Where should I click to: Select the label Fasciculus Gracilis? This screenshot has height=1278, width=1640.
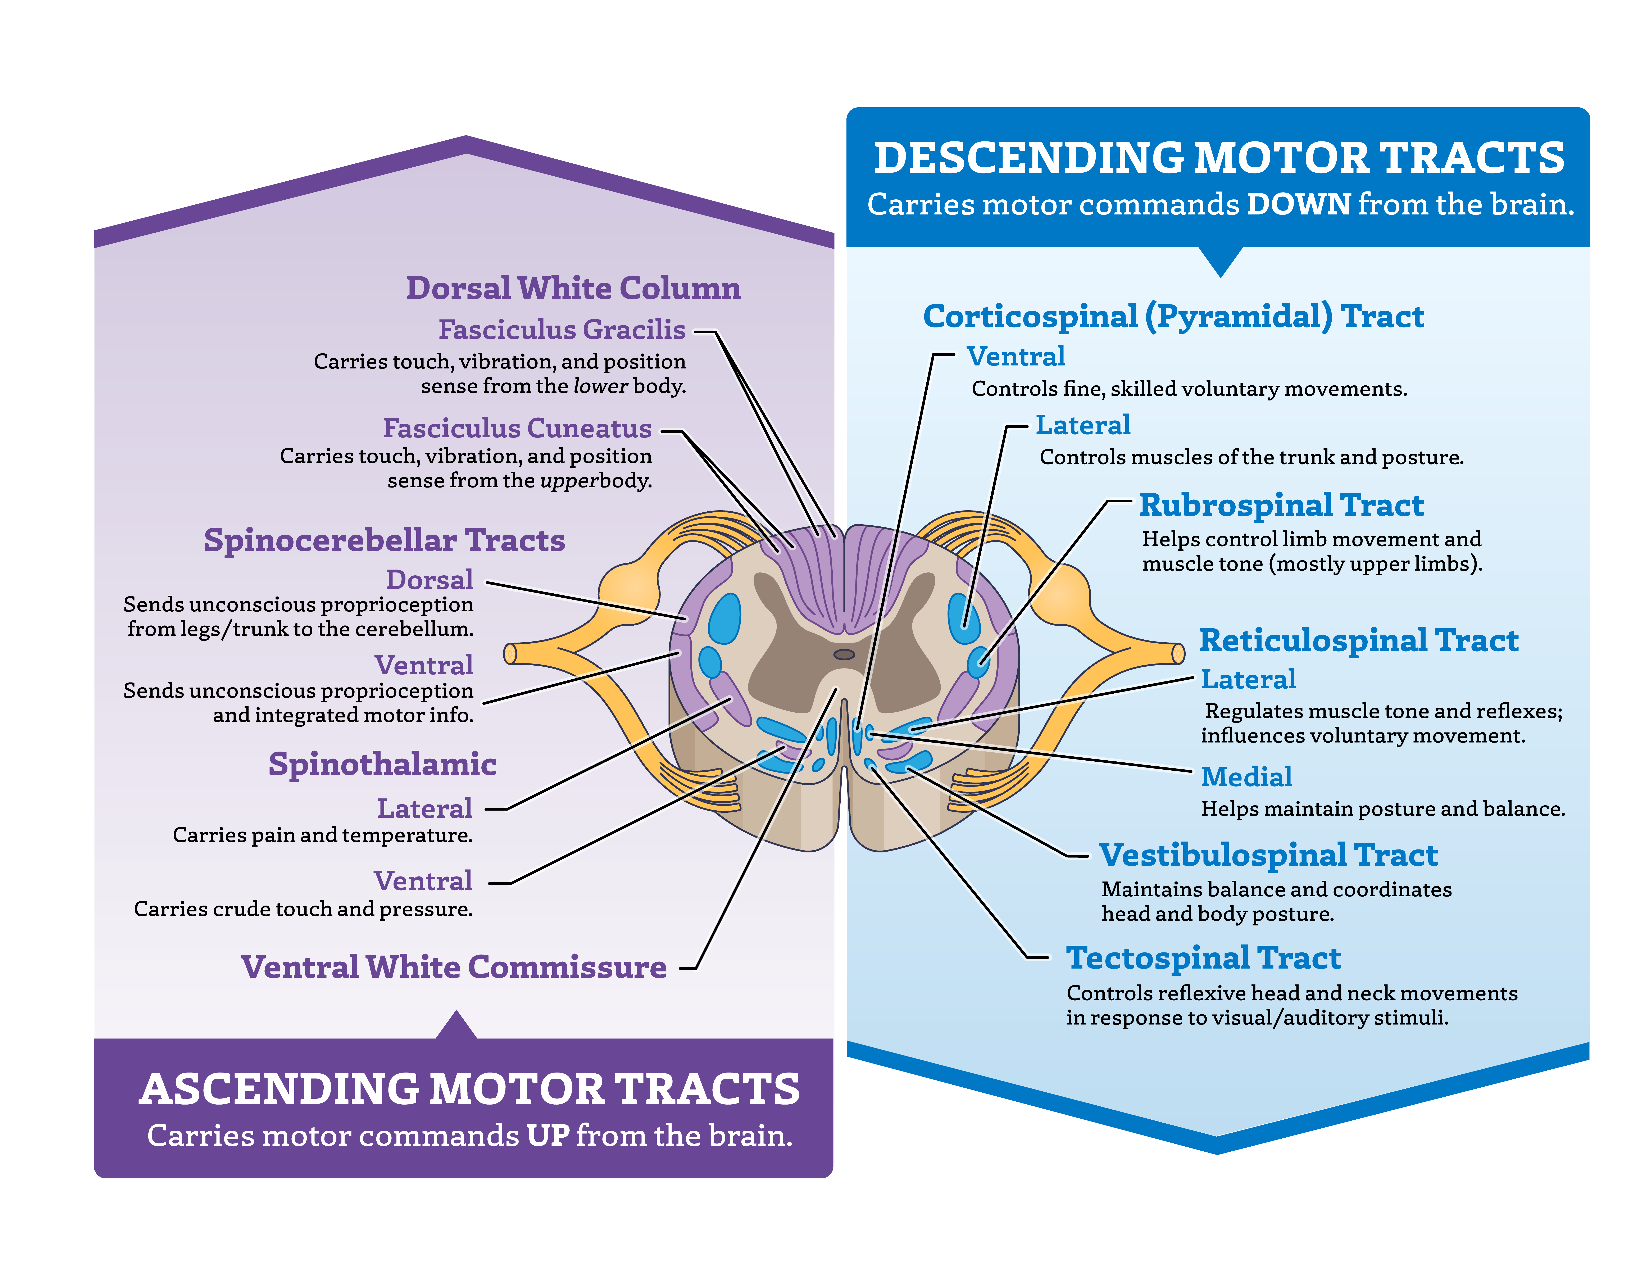[562, 330]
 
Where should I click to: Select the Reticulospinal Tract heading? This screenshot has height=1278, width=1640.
[1358, 640]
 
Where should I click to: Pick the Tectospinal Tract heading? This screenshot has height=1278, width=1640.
[1204, 958]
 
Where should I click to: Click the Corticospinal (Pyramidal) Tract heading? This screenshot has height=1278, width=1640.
[1173, 316]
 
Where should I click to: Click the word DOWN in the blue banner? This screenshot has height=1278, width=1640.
[1298, 204]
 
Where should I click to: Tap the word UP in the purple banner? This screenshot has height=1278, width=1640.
[548, 1135]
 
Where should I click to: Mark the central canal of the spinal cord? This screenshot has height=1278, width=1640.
[844, 654]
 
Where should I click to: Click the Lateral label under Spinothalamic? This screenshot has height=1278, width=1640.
[424, 809]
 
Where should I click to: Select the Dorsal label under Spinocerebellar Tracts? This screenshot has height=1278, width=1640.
[430, 580]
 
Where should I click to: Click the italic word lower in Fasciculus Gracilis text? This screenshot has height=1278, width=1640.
[600, 386]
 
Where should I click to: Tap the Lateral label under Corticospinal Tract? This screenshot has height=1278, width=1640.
[1083, 425]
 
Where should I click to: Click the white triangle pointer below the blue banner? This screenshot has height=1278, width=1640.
[1220, 259]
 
